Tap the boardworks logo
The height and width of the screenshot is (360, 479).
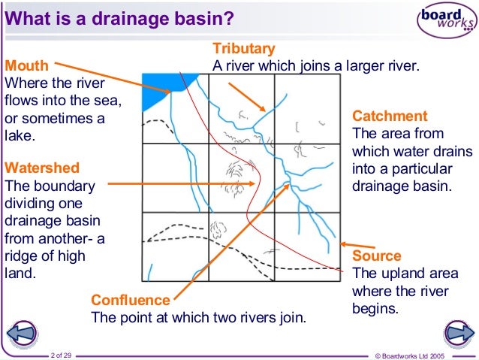click(x=447, y=22)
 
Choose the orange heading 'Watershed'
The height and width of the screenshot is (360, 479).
click(x=41, y=167)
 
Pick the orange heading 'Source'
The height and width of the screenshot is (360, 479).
click(x=376, y=256)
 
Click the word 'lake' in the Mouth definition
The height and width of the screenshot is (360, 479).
click(x=20, y=136)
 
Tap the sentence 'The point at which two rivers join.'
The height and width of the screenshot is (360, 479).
click(x=198, y=317)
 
